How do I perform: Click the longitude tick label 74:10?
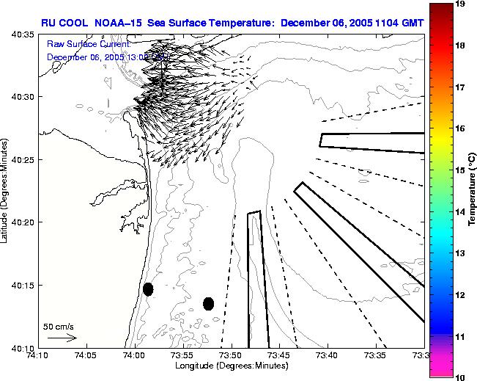(x=38, y=356)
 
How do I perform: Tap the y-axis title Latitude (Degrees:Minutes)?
(x=5, y=191)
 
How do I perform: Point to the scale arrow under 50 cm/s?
(x=62, y=338)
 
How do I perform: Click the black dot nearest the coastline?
(x=148, y=289)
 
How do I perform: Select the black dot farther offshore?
(x=208, y=303)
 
